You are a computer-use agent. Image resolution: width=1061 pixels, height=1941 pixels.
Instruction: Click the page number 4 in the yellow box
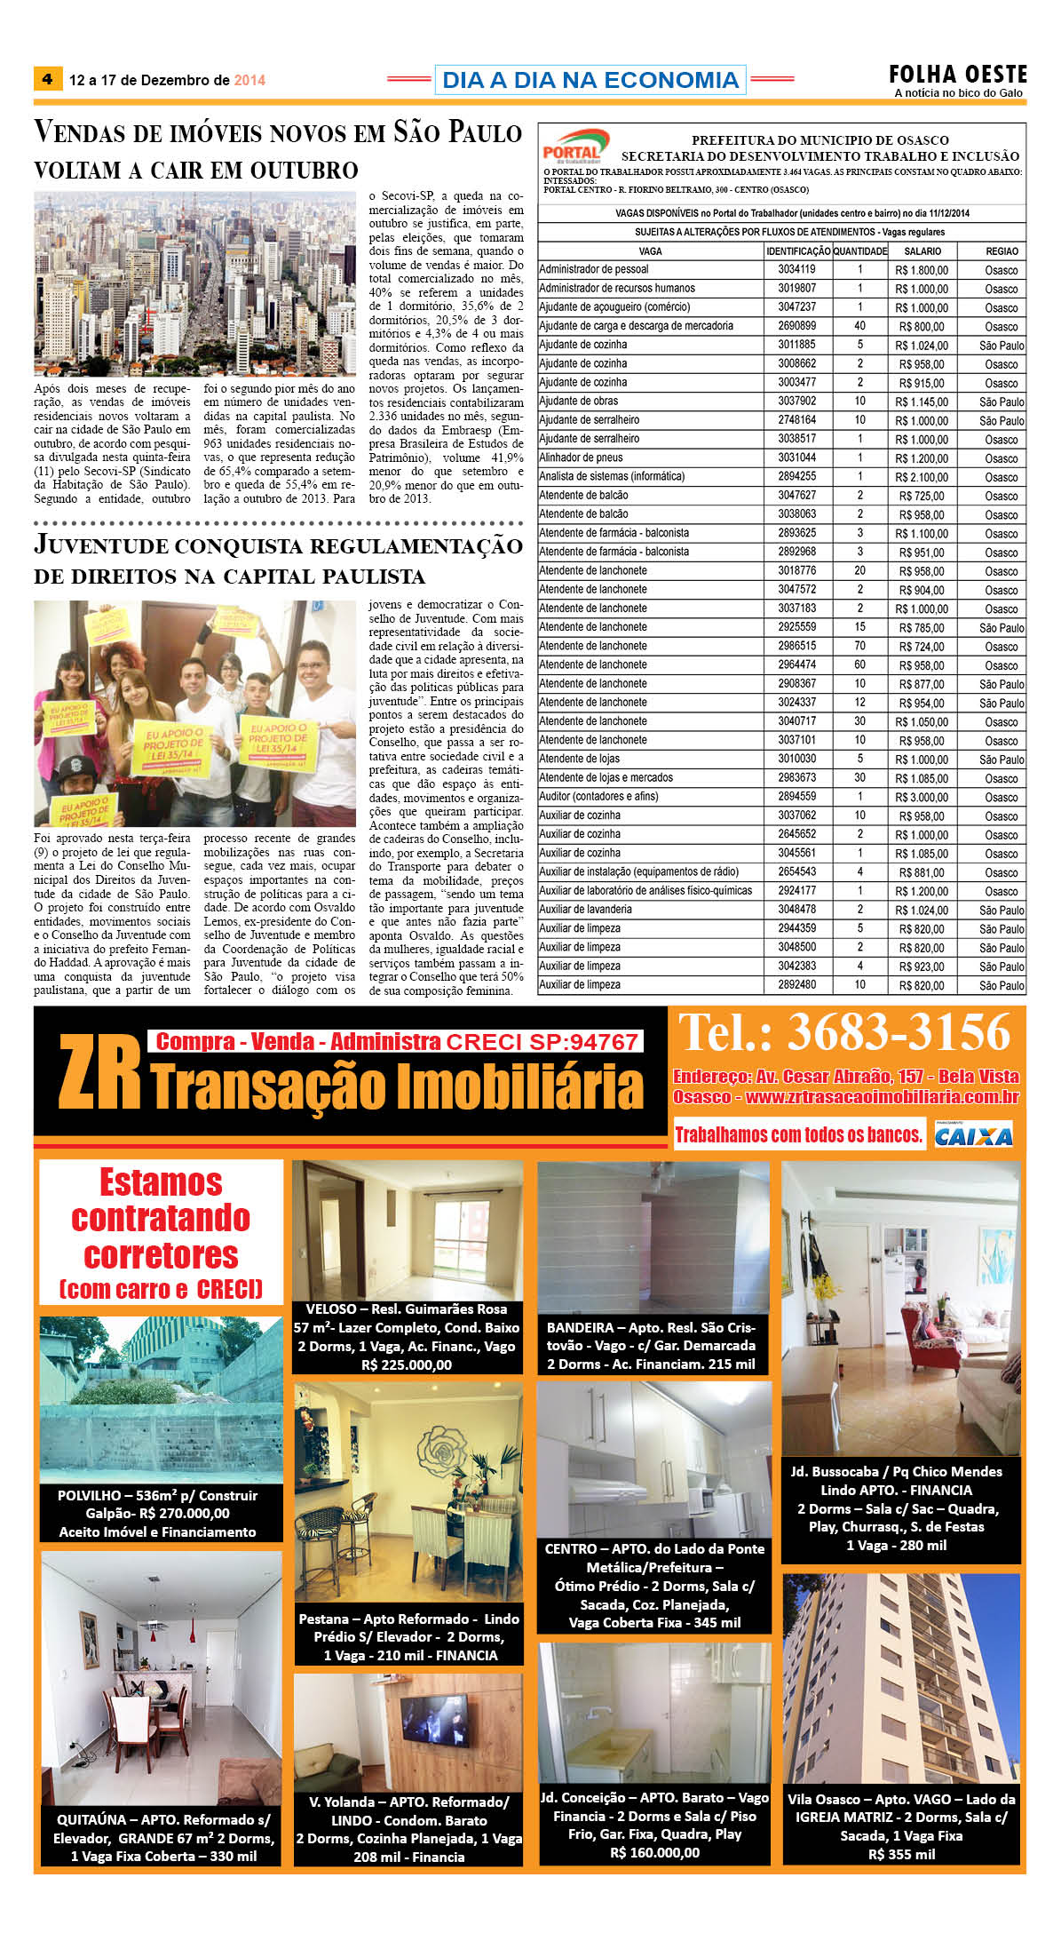coord(47,79)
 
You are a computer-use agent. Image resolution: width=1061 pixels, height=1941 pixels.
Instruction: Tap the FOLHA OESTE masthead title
coord(958,75)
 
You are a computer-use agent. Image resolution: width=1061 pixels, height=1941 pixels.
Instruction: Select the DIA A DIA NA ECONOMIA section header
coord(590,80)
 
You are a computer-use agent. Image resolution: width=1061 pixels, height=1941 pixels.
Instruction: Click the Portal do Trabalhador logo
coord(574,145)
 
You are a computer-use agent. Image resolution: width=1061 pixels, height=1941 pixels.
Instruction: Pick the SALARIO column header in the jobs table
coord(922,251)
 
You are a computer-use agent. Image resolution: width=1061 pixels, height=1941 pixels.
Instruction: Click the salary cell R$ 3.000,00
coord(922,797)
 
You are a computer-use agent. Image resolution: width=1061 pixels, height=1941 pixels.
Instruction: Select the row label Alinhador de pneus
coord(581,457)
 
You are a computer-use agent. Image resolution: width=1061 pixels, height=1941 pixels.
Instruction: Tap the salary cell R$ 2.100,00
coord(922,477)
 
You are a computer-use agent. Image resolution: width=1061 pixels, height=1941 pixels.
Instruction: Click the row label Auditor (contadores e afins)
coord(598,797)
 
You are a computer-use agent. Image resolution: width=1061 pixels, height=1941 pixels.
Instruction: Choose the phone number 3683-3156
coord(898,1032)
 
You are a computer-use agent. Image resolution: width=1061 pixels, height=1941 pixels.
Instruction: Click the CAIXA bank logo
coord(973,1135)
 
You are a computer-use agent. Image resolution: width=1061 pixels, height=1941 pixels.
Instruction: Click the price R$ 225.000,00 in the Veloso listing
coord(407,1364)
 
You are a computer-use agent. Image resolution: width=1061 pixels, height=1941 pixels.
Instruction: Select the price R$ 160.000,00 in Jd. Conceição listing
coord(654,1852)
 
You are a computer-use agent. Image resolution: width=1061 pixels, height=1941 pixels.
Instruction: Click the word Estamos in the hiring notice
coord(161,1182)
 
